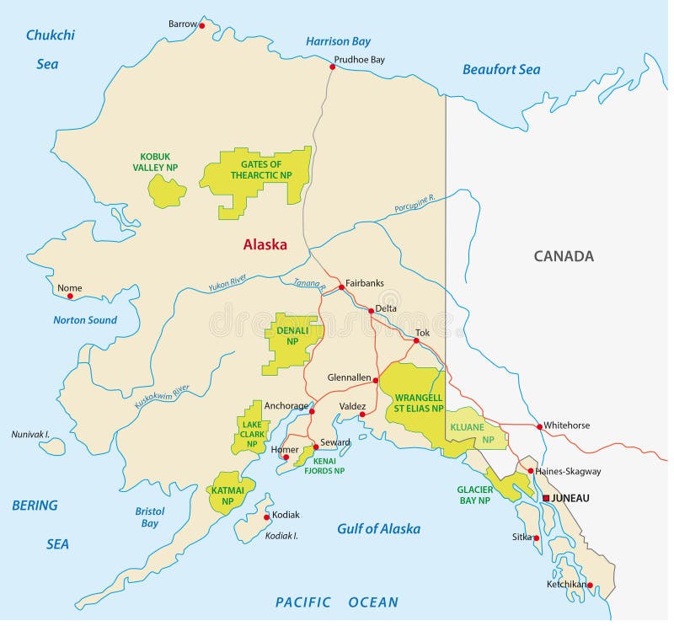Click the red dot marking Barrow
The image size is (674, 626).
[202, 25]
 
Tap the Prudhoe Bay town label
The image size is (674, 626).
[359, 60]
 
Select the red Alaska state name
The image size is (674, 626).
[265, 245]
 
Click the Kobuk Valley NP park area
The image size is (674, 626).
[167, 191]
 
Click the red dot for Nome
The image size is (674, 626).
[70, 296]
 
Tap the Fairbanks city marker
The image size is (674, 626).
[341, 287]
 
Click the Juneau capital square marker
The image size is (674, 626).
[546, 498]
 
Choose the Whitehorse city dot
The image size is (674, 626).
[539, 426]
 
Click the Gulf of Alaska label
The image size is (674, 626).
[378, 529]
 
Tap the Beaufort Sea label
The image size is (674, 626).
[501, 70]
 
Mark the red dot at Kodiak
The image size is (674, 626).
[267, 516]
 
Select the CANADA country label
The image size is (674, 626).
[564, 256]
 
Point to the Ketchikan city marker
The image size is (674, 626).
[590, 585]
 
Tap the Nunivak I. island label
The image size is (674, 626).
[31, 434]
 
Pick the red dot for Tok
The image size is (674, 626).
[416, 341]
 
